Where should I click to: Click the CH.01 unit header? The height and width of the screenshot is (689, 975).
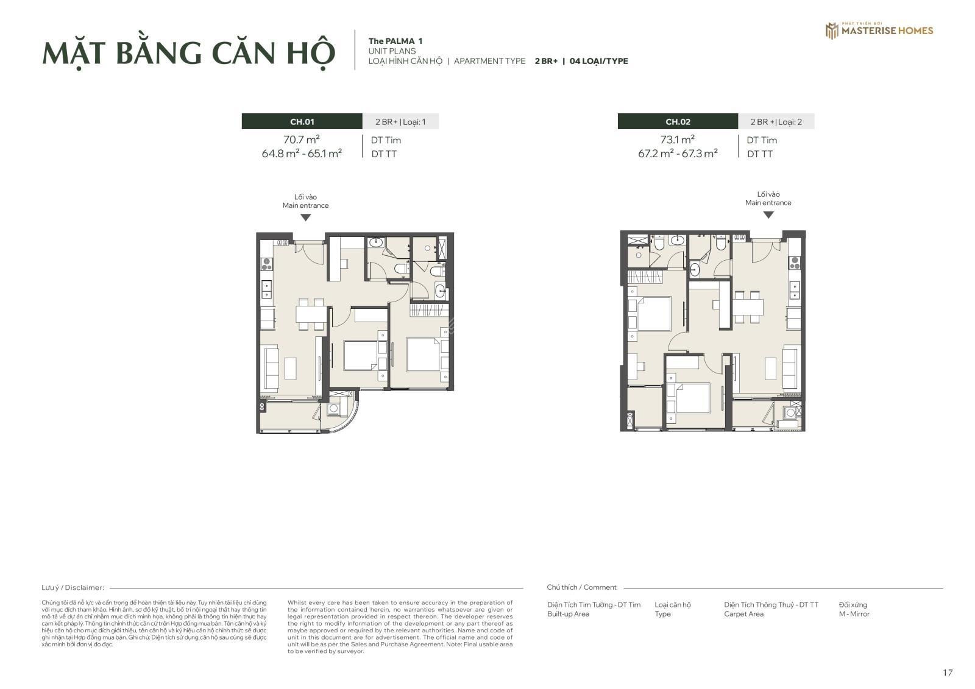302,122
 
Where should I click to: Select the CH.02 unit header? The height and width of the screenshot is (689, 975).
678,122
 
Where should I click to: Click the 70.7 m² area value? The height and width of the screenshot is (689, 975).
301,140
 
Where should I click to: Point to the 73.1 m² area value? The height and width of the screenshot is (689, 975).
677,140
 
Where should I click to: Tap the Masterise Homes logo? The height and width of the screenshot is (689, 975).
879,30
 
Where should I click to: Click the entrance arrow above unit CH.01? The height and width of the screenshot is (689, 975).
305,217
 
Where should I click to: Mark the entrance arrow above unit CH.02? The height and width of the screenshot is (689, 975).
768,215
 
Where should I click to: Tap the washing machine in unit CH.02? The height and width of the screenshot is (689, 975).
790,412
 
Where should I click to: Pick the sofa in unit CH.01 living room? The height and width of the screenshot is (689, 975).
271,367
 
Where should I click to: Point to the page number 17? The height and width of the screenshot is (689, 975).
948,673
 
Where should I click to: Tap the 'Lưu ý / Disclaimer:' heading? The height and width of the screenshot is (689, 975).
73,588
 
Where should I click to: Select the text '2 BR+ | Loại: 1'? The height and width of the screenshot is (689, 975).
400,122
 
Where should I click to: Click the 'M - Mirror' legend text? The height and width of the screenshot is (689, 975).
854,613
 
